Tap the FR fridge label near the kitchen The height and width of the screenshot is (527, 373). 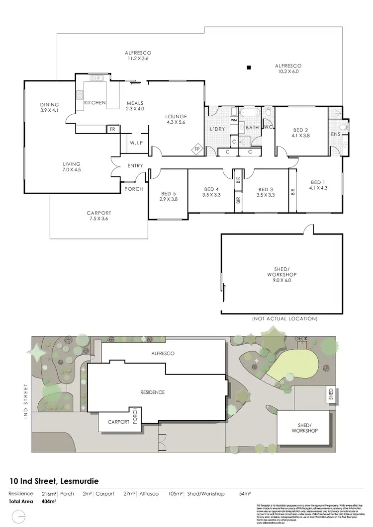tap(112, 129)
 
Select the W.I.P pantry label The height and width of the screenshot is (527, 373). tap(137, 144)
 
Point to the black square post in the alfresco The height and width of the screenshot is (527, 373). tap(250, 68)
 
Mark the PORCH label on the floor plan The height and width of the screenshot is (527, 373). tap(133, 189)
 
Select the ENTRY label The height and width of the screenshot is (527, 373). tap(135, 166)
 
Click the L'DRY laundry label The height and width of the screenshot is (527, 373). tap(219, 130)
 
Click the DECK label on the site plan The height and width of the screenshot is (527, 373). tap(301, 339)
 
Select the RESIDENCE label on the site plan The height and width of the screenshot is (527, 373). tap(152, 392)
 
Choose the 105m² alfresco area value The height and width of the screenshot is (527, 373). tap(178, 494)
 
